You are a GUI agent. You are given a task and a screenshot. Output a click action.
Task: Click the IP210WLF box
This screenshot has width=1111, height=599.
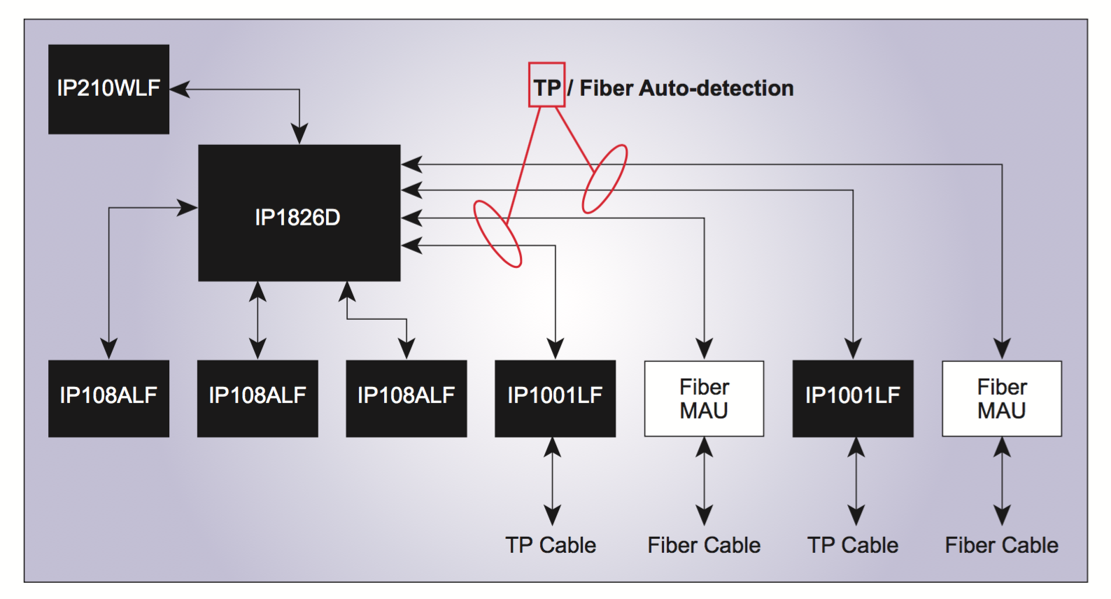108,89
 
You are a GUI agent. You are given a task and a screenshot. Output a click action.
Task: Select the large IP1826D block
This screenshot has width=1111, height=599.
299,213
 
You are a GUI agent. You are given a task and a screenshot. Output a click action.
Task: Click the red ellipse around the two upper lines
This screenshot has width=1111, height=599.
605,178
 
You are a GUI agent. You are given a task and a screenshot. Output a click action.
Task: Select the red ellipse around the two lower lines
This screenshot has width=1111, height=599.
497,234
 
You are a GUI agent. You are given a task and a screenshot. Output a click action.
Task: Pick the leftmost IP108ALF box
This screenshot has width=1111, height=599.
108,398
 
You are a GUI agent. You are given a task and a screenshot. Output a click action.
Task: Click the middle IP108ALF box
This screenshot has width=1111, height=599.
257,398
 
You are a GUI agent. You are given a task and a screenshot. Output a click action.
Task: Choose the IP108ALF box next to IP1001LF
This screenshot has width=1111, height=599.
406,398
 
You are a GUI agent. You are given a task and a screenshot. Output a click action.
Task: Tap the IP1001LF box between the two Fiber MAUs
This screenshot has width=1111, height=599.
853,398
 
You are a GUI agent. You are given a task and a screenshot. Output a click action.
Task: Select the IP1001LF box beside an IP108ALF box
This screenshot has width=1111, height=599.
555,398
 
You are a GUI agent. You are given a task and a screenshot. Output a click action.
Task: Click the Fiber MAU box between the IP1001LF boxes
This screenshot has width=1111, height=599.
704,398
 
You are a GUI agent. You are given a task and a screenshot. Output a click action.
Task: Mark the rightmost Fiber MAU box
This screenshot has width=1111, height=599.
1002,398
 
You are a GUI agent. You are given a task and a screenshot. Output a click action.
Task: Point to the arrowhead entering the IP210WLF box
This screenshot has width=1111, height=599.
180,89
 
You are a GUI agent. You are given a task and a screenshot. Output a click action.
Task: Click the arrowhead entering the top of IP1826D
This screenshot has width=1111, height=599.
299,134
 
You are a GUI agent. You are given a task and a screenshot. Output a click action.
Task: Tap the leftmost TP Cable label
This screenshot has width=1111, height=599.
551,545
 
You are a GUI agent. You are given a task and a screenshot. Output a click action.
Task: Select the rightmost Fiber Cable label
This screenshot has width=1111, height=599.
1001,545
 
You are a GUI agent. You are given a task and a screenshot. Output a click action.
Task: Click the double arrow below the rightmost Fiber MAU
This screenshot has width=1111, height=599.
1002,481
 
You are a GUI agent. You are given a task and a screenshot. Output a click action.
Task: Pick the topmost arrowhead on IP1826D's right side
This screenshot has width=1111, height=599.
411,164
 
